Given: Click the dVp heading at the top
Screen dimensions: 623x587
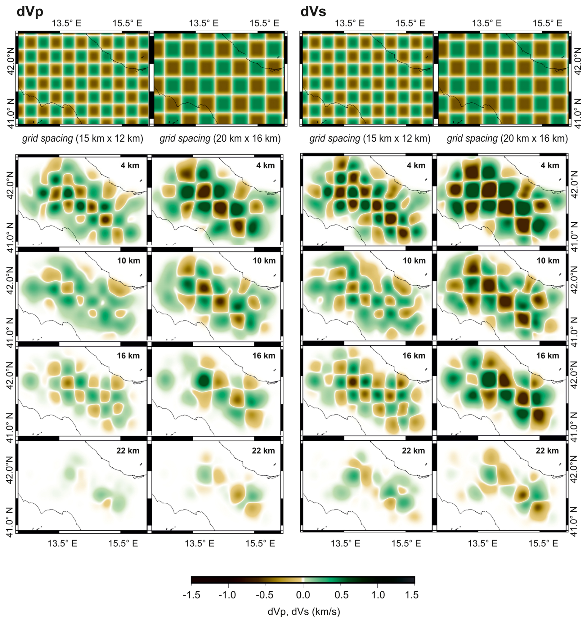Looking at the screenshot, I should pyautogui.click(x=30, y=11).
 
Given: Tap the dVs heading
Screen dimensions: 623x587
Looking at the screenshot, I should pyautogui.click(x=313, y=11).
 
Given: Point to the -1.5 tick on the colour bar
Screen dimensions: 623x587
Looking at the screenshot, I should pyautogui.click(x=191, y=594).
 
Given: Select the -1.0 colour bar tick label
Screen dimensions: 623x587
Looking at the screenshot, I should pyautogui.click(x=227, y=594).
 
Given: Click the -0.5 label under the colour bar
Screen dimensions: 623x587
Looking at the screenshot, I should pyautogui.click(x=264, y=594).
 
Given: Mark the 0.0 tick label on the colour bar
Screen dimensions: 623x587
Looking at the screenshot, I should pyautogui.click(x=303, y=594).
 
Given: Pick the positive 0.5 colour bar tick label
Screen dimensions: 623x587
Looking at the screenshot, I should pyautogui.click(x=342, y=594).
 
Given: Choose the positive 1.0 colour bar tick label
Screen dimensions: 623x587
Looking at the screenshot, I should pyautogui.click(x=378, y=594).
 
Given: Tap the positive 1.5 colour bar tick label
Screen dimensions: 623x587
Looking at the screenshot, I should pyautogui.click(x=412, y=594).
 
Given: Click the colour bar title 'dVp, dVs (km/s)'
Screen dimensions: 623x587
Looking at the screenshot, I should pyautogui.click(x=303, y=612).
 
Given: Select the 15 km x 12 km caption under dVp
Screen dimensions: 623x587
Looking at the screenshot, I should pyautogui.click(x=83, y=138).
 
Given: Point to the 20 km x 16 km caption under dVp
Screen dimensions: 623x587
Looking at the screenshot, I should pyautogui.click(x=220, y=138).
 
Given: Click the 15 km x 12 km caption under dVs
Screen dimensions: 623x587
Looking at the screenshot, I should pyautogui.click(x=370, y=138).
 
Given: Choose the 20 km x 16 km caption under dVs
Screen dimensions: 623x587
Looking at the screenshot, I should pyautogui.click(x=507, y=138).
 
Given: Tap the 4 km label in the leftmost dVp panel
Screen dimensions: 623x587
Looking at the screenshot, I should pyautogui.click(x=130, y=166).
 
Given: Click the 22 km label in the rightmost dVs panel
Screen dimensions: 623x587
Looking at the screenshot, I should pyautogui.click(x=547, y=451).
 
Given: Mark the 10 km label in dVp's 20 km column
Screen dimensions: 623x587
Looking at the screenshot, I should pyautogui.click(x=264, y=260).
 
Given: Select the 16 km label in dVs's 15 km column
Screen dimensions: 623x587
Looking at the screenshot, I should pyautogui.click(x=414, y=356).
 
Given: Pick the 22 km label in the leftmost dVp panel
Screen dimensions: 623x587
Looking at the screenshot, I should pyautogui.click(x=128, y=451).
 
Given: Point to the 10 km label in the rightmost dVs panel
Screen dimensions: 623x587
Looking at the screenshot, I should pyautogui.click(x=548, y=260).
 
